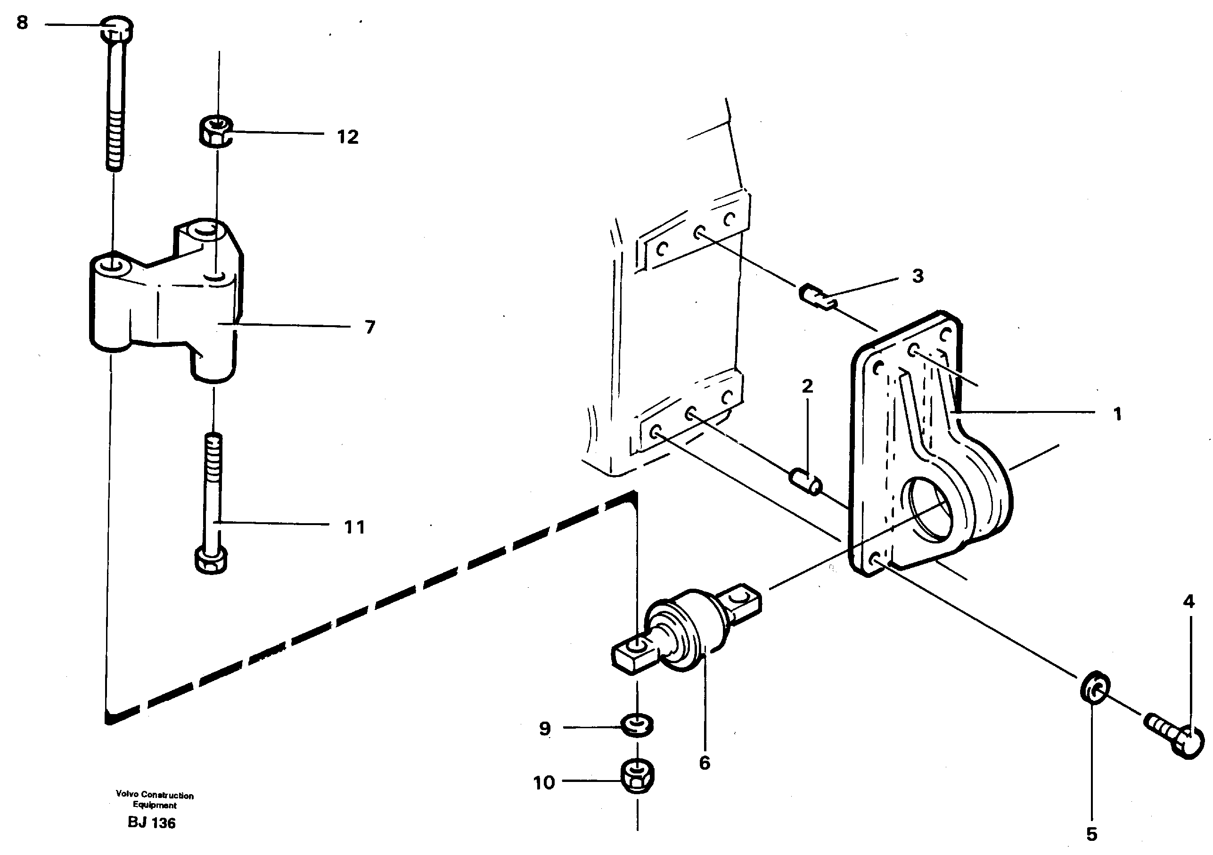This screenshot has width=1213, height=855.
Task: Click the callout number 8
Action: click(22, 23)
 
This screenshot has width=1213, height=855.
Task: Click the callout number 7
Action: click(370, 327)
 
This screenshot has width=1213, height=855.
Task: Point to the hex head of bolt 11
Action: click(211, 561)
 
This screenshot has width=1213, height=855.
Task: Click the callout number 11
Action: click(354, 527)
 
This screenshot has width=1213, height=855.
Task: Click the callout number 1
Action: click(1117, 414)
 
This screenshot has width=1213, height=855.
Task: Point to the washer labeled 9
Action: click(638, 725)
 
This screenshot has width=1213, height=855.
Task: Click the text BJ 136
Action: click(152, 823)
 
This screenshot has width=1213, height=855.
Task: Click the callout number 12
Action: click(348, 137)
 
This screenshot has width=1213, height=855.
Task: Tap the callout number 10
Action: click(544, 782)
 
